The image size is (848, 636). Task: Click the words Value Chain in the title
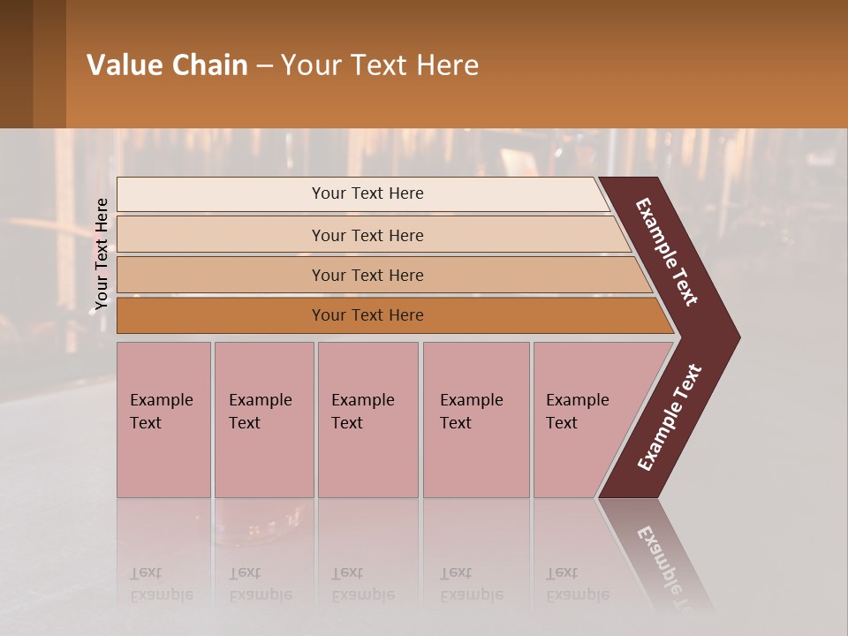167,65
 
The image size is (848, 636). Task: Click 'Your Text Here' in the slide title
380,65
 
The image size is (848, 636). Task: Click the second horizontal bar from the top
367,235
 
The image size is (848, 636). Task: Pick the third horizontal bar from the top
367,275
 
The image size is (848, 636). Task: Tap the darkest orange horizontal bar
367,315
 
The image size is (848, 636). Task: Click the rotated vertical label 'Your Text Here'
102,254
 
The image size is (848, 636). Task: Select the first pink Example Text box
163,419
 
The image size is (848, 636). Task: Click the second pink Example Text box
263,419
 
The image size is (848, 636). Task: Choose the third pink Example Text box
367,419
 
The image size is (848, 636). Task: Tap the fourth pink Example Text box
475,419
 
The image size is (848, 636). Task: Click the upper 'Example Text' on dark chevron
667,252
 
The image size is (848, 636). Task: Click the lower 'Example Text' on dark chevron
670,418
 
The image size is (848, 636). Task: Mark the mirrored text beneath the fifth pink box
577,584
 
